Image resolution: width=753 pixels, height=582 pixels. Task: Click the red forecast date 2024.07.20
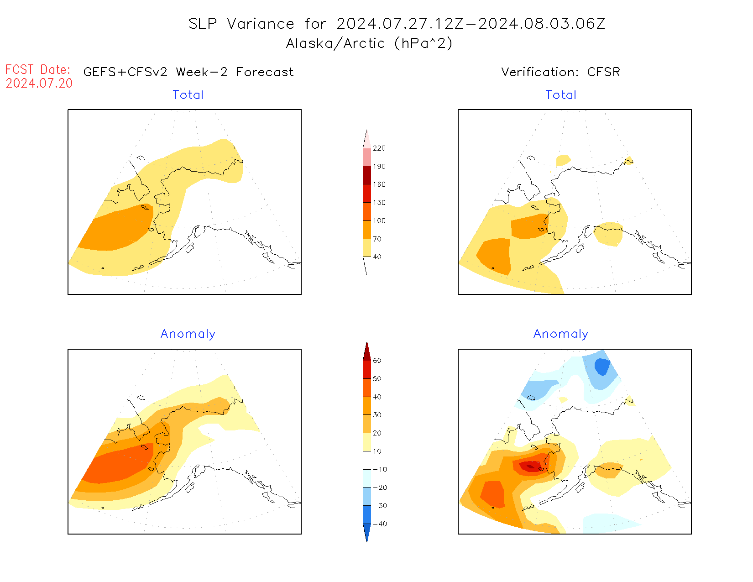pyautogui.click(x=39, y=83)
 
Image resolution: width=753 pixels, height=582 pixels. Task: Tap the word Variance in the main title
pyautogui.click(x=261, y=24)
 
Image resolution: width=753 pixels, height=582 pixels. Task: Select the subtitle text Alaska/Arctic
pyautogui.click(x=335, y=43)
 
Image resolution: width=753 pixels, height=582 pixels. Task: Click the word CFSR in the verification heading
pyautogui.click(x=603, y=72)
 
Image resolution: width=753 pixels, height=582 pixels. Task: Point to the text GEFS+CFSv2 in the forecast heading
pyautogui.click(x=125, y=72)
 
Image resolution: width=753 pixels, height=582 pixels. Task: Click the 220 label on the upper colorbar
pyautogui.click(x=379, y=148)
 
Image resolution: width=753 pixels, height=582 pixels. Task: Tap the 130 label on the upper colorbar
pyautogui.click(x=379, y=203)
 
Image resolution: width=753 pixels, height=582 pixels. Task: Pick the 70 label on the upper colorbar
pyautogui.click(x=377, y=239)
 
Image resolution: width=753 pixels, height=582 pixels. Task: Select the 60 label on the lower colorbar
pyautogui.click(x=377, y=361)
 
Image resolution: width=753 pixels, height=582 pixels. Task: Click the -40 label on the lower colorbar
pyautogui.click(x=379, y=524)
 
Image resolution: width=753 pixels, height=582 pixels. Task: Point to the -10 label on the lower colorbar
pyautogui.click(x=379, y=469)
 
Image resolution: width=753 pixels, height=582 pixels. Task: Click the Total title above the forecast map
pyautogui.click(x=188, y=95)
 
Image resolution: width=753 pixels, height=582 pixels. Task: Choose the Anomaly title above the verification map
pyautogui.click(x=561, y=334)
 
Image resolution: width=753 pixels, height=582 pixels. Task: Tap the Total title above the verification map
pyautogui.click(x=561, y=95)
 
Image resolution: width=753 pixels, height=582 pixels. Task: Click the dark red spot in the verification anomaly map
pyautogui.click(x=529, y=467)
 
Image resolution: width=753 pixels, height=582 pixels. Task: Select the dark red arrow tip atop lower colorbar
pyautogui.click(x=367, y=351)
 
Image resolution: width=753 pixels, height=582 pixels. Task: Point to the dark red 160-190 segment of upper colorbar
pyautogui.click(x=367, y=175)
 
